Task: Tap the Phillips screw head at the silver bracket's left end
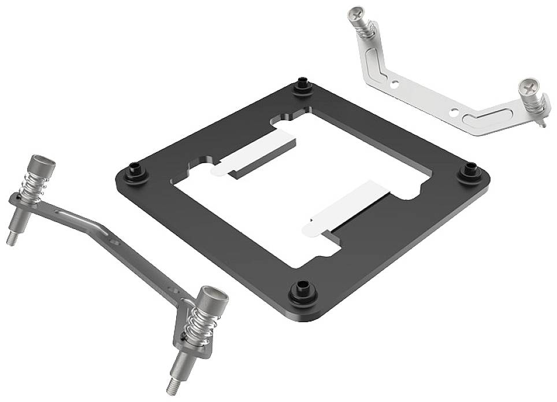coord(357,12)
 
